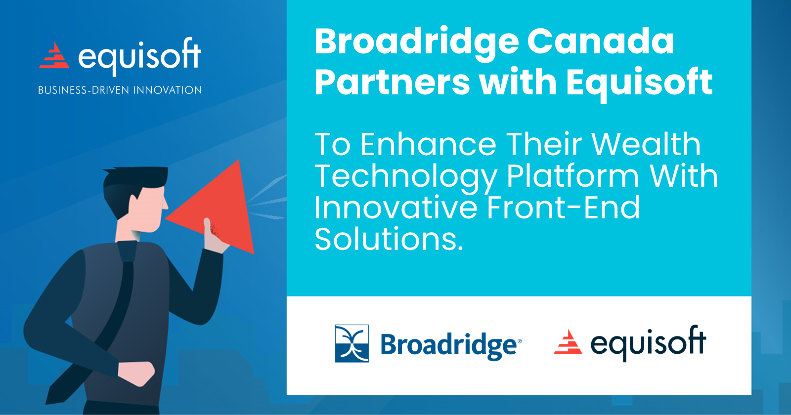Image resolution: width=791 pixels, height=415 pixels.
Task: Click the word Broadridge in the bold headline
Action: point(417,42)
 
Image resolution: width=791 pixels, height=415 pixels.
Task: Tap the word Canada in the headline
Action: point(600,41)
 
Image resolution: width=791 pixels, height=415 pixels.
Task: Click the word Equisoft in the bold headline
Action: point(639,83)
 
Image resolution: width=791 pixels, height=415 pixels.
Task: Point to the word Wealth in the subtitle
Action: point(646,145)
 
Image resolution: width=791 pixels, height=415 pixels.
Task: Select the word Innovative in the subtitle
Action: point(395,208)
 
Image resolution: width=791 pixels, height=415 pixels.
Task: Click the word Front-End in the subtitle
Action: point(564,208)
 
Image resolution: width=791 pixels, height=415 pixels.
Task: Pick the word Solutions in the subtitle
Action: point(389,240)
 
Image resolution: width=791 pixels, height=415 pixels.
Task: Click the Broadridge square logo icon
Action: point(352,343)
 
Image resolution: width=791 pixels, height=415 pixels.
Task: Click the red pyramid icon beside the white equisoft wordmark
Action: point(54,55)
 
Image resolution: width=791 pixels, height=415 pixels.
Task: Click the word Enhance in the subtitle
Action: point(428,145)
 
